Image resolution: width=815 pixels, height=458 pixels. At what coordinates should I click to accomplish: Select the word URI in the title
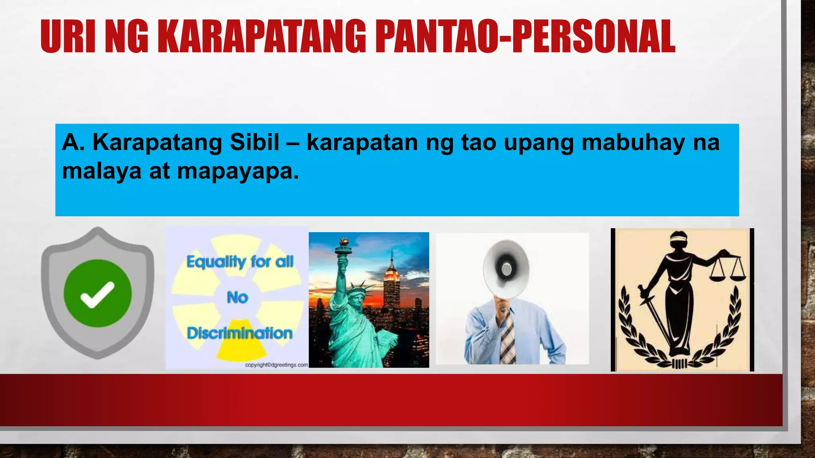click(68, 37)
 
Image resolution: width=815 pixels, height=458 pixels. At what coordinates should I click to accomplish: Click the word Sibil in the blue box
click(255, 142)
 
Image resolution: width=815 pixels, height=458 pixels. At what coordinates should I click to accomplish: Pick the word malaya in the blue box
click(102, 171)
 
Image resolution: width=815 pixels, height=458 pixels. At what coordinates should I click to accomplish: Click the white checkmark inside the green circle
click(97, 294)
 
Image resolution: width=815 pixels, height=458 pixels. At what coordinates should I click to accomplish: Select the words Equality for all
click(240, 262)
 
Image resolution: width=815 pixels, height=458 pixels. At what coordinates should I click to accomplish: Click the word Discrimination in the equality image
click(240, 333)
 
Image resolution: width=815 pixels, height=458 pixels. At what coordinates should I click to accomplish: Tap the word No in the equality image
click(237, 297)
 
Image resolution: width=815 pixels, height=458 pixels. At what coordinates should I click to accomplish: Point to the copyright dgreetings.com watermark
click(276, 365)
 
